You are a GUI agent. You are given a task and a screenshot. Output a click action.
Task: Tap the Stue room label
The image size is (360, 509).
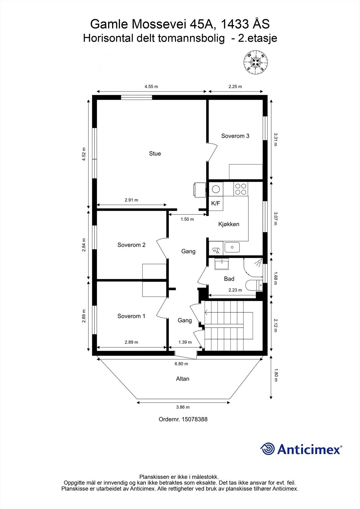point(155,154)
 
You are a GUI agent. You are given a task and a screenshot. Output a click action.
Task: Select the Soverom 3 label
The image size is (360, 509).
point(235,136)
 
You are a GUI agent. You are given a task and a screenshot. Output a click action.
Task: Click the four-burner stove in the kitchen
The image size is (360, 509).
point(240,189)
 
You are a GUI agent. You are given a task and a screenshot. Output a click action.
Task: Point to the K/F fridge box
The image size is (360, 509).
point(216,204)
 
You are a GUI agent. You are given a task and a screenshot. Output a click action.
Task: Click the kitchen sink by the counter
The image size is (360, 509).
point(232,247)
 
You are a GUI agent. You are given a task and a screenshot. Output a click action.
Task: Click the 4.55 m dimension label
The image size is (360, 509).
point(151,87)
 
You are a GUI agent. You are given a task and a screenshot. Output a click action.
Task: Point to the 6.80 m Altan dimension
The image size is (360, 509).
point(181,364)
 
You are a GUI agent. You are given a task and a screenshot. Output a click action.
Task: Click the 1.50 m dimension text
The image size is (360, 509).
point(187,219)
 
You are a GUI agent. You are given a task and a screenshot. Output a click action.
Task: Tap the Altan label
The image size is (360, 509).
point(183,379)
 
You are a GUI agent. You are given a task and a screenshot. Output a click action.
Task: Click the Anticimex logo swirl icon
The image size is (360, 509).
point(267,449)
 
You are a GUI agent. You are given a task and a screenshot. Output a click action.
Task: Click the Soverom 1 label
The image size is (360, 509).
point(131,316)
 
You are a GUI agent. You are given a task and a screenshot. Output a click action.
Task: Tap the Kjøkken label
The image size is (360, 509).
point(229,224)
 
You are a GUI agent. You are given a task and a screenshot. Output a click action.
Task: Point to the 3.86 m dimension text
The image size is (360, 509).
point(183,407)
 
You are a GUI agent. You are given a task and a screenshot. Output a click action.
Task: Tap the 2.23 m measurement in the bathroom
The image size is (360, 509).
point(235,290)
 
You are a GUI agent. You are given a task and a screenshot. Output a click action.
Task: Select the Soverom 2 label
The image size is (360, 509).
point(131,245)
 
